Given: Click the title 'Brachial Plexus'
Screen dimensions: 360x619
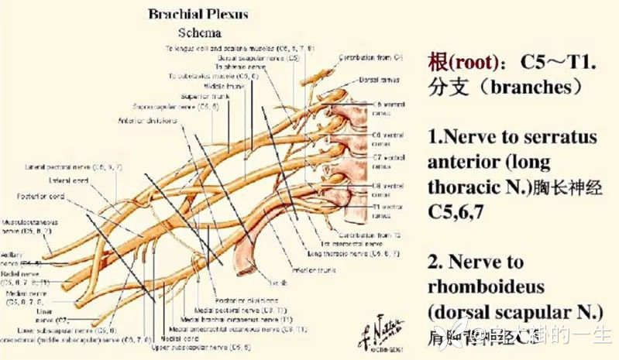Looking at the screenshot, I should pyautogui.click(x=200, y=15).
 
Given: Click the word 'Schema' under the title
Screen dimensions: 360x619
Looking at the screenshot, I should pyautogui.click(x=200, y=33).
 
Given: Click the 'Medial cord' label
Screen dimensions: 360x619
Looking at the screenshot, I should pyautogui.click(x=185, y=338).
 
